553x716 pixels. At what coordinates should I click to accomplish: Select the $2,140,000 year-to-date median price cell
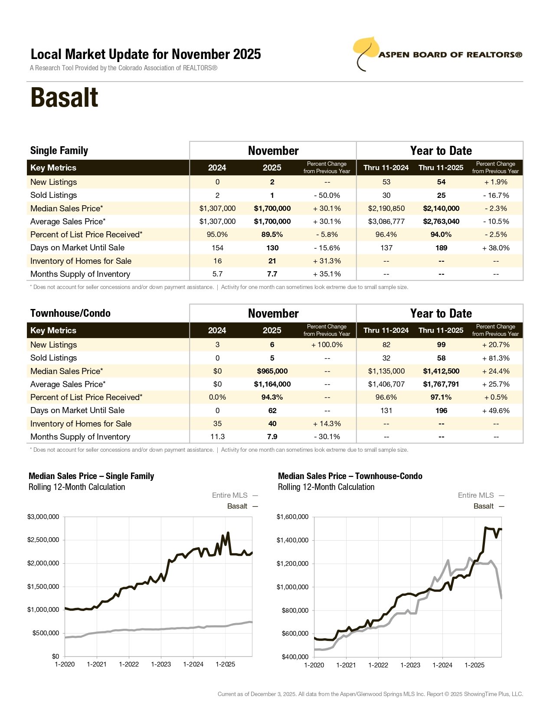(441, 208)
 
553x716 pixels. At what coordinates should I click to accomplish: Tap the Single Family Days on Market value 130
(272, 248)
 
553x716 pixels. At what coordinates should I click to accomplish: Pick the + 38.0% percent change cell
(496, 248)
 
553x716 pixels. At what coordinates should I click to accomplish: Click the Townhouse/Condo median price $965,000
(272, 371)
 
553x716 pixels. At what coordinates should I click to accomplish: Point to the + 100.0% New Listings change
(327, 345)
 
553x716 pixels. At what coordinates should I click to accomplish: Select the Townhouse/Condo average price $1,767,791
(441, 384)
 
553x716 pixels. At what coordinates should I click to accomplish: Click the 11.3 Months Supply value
(217, 437)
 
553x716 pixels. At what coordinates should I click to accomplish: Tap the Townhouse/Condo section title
(70, 313)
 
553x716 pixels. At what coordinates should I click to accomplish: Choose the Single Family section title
(59, 151)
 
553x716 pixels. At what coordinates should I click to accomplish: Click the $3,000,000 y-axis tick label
(43, 517)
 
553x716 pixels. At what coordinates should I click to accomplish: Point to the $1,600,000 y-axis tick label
(292, 517)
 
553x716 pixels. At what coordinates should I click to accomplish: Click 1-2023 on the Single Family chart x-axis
(161, 664)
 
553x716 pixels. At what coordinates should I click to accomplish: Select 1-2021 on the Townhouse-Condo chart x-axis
(346, 665)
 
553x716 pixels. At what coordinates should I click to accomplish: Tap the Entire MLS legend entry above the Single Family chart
(230, 495)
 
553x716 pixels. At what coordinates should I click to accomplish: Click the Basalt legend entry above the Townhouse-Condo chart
(484, 506)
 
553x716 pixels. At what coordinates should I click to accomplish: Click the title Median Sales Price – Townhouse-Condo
(350, 476)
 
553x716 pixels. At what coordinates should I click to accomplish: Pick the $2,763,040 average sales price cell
(441, 221)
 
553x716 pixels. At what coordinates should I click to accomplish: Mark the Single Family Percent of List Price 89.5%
(272, 234)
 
